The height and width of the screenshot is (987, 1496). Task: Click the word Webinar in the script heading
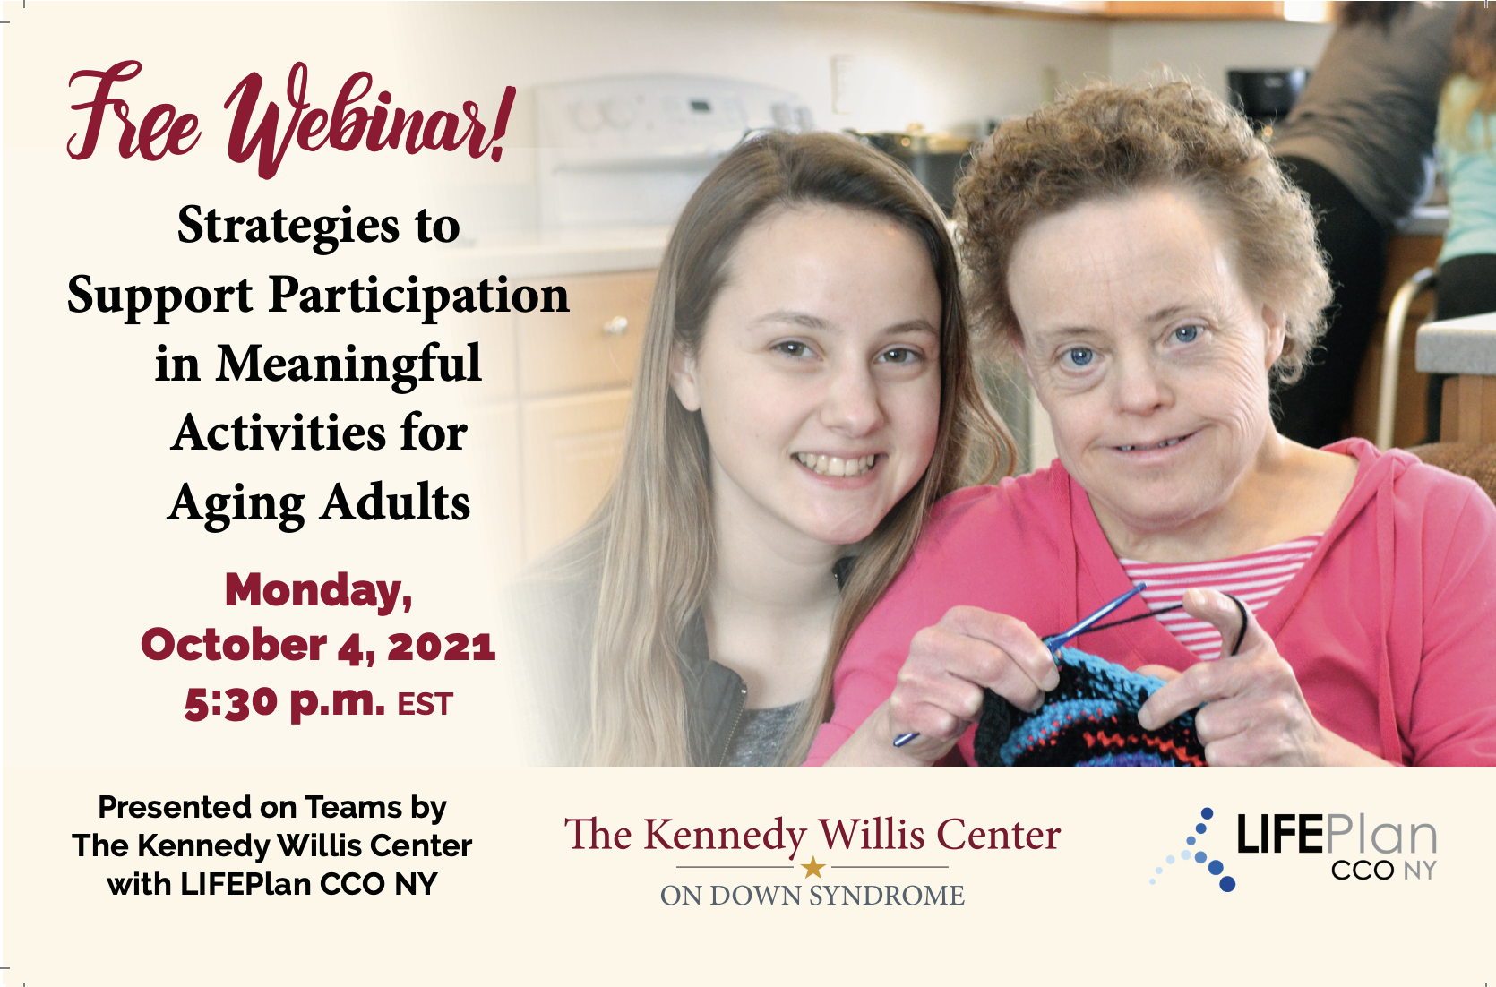coord(371,120)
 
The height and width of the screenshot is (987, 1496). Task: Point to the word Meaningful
coord(348,365)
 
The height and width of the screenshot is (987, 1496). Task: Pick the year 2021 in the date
coord(442,646)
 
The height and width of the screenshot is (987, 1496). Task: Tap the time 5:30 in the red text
coord(230,703)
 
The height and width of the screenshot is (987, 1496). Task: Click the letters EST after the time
coord(426,705)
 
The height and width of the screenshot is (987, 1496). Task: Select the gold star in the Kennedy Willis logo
coord(812,868)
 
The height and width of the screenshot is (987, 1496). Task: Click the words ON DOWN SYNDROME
coord(812,896)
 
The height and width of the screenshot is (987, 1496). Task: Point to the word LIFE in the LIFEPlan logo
coord(1279,834)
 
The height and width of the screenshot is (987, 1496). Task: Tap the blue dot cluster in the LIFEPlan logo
coord(1195,852)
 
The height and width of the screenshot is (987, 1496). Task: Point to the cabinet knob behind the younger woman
coord(615,327)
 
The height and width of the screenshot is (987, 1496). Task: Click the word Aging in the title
coord(235,504)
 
